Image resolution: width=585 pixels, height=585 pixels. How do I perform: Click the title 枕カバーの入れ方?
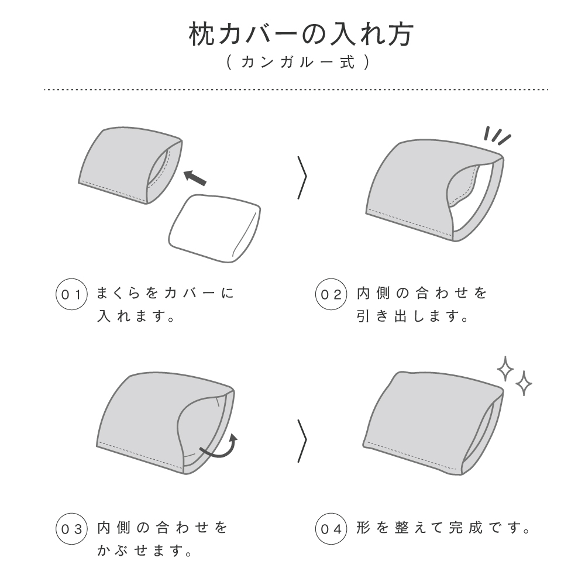point(301,35)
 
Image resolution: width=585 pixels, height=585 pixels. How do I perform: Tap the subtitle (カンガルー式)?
point(298,62)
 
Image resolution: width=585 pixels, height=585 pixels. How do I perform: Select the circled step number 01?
point(71,294)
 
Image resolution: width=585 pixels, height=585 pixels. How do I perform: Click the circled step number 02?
point(331,294)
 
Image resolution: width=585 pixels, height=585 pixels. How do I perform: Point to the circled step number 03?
point(71,529)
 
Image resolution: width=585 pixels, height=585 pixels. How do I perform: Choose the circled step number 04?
point(331,529)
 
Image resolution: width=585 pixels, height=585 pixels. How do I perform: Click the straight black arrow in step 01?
point(195,178)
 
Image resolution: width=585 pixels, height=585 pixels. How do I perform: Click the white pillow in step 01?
point(215,228)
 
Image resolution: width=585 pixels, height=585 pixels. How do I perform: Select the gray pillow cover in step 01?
point(130,166)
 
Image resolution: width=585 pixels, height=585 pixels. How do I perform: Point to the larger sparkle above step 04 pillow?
point(505,369)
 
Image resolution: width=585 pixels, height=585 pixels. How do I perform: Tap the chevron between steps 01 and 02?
point(302,178)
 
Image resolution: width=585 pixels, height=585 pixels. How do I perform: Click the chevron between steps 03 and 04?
point(302,441)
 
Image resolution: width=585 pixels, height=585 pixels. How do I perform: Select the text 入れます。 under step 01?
point(136,316)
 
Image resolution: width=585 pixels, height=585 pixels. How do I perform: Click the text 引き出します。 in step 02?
point(412,316)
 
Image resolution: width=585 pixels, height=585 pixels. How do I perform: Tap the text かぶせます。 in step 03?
point(144,550)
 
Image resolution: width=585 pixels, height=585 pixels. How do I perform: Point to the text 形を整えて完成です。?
point(443,528)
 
